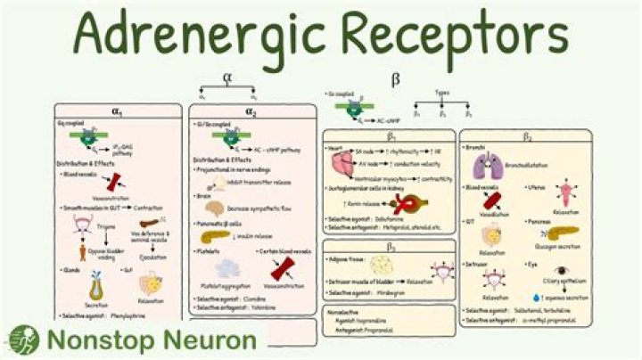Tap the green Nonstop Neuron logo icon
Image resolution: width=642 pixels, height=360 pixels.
tap(24, 340)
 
